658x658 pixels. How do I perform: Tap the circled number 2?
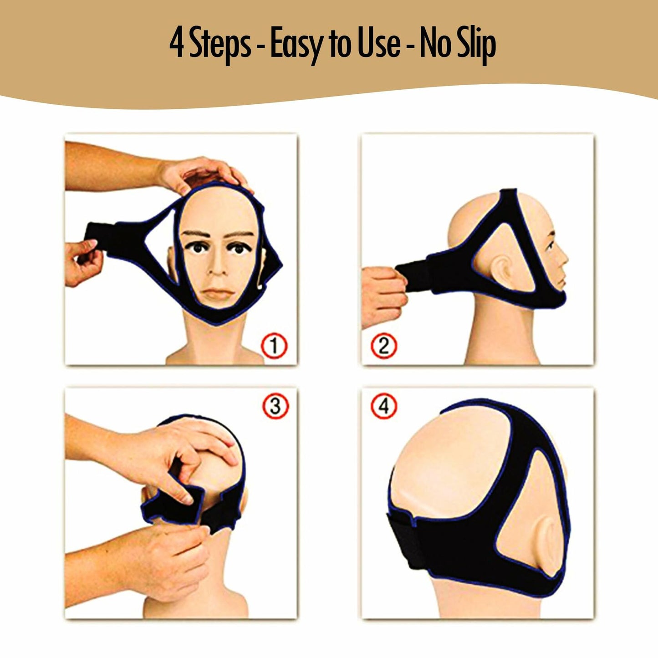pyautogui.click(x=384, y=347)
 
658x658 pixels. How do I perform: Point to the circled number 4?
pyautogui.click(x=384, y=405)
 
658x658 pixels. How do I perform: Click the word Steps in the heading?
pyautogui.click(x=220, y=45)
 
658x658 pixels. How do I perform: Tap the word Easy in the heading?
pyautogui.click(x=294, y=45)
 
